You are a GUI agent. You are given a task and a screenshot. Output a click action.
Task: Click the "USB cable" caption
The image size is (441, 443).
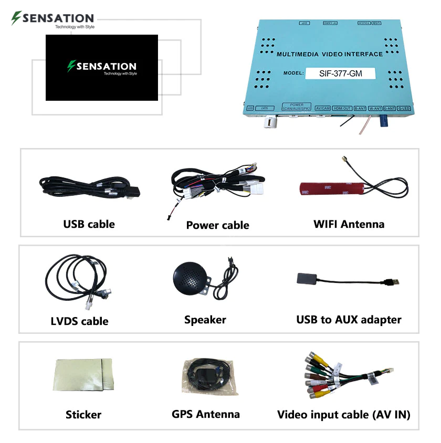coord(89,224)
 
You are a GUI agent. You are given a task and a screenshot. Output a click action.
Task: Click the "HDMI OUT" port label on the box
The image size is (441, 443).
coord(343,108)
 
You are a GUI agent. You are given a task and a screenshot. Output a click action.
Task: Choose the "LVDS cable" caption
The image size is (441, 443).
coord(80,321)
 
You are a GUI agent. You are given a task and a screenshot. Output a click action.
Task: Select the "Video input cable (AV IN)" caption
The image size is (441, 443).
coord(343,415)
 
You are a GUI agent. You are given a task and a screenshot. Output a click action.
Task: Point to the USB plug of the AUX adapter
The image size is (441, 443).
coord(393,282)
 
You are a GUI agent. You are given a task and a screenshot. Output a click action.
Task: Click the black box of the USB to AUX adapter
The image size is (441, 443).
coord(308,279)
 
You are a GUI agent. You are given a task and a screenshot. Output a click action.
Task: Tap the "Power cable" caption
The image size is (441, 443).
coord(217,225)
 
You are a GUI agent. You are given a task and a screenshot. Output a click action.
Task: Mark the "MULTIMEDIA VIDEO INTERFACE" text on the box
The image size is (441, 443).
coord(330,54)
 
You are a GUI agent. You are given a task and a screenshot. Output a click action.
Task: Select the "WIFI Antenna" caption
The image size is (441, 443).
coord(349,224)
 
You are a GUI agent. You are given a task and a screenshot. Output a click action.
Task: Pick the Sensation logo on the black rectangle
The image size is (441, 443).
coord(102,67)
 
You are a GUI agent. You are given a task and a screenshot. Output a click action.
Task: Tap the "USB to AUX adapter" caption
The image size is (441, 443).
coord(349,320)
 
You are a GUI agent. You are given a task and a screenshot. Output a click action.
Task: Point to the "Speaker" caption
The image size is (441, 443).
coord(205,320)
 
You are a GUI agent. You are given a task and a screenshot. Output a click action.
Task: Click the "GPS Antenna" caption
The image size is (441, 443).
coord(206,414)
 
